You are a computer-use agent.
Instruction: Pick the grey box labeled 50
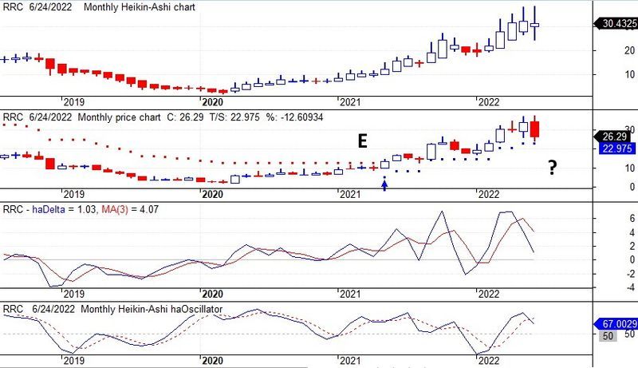(606, 337)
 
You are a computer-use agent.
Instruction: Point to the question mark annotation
(551, 168)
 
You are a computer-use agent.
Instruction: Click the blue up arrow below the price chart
(385, 184)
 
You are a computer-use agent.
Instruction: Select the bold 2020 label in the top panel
(211, 102)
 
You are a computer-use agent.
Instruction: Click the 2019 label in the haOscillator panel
(73, 361)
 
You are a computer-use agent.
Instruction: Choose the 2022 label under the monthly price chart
(486, 194)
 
